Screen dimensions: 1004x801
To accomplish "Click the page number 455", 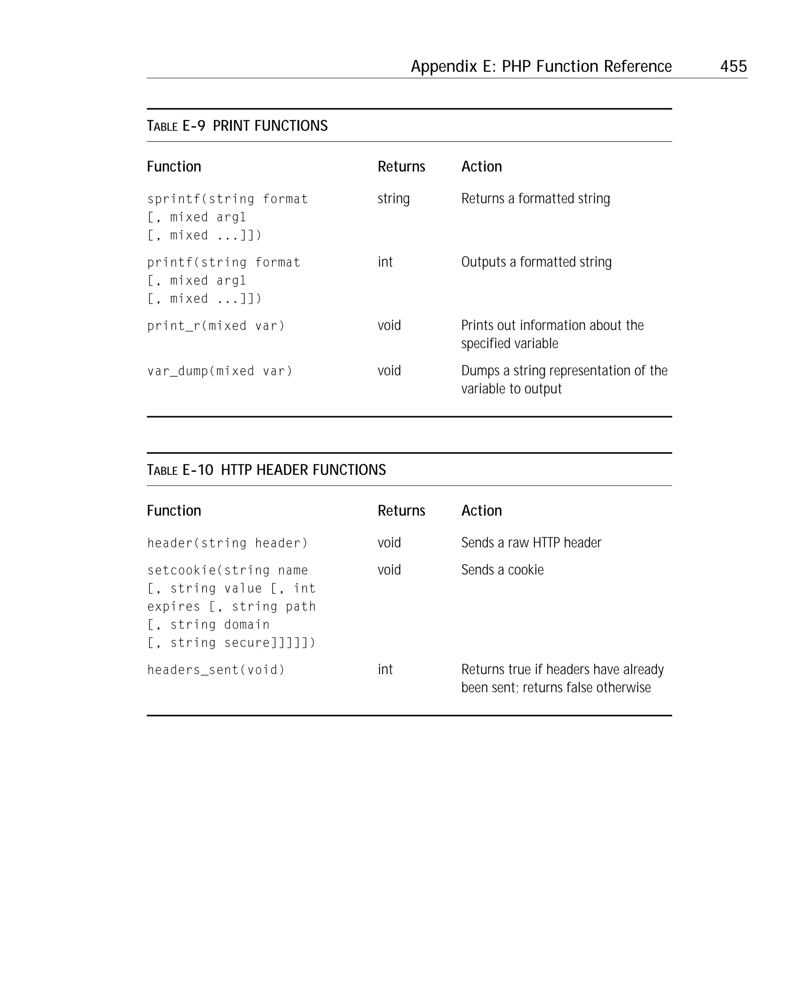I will click(x=733, y=66).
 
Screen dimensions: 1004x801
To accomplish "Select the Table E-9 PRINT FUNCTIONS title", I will click(x=237, y=126).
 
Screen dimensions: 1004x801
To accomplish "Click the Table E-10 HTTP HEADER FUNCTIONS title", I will click(x=266, y=470).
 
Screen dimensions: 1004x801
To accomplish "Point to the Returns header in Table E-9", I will click(x=401, y=167).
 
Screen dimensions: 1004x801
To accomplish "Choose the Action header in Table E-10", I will click(x=481, y=511).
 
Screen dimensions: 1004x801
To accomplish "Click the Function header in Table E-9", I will click(x=174, y=167).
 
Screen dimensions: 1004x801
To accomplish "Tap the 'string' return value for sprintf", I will click(x=393, y=199).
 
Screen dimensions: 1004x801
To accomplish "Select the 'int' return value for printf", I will click(x=385, y=262).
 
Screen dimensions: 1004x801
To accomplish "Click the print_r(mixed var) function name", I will click(x=216, y=326).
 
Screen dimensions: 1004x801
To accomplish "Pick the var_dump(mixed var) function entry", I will click(x=220, y=371).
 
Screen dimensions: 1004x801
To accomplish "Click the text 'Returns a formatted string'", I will click(x=535, y=199).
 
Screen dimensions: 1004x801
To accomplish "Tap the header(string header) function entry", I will click(x=227, y=543).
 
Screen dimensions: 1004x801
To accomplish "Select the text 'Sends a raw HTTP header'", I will click(x=531, y=543).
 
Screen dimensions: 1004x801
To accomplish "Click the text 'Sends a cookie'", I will click(x=502, y=570).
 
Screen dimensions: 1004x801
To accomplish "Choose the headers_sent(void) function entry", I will click(x=216, y=670).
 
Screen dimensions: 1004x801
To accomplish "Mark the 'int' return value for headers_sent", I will click(x=385, y=670).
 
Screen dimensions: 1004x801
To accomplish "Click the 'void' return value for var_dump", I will click(x=389, y=371).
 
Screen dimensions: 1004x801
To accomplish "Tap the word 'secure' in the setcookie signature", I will click(x=247, y=643).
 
